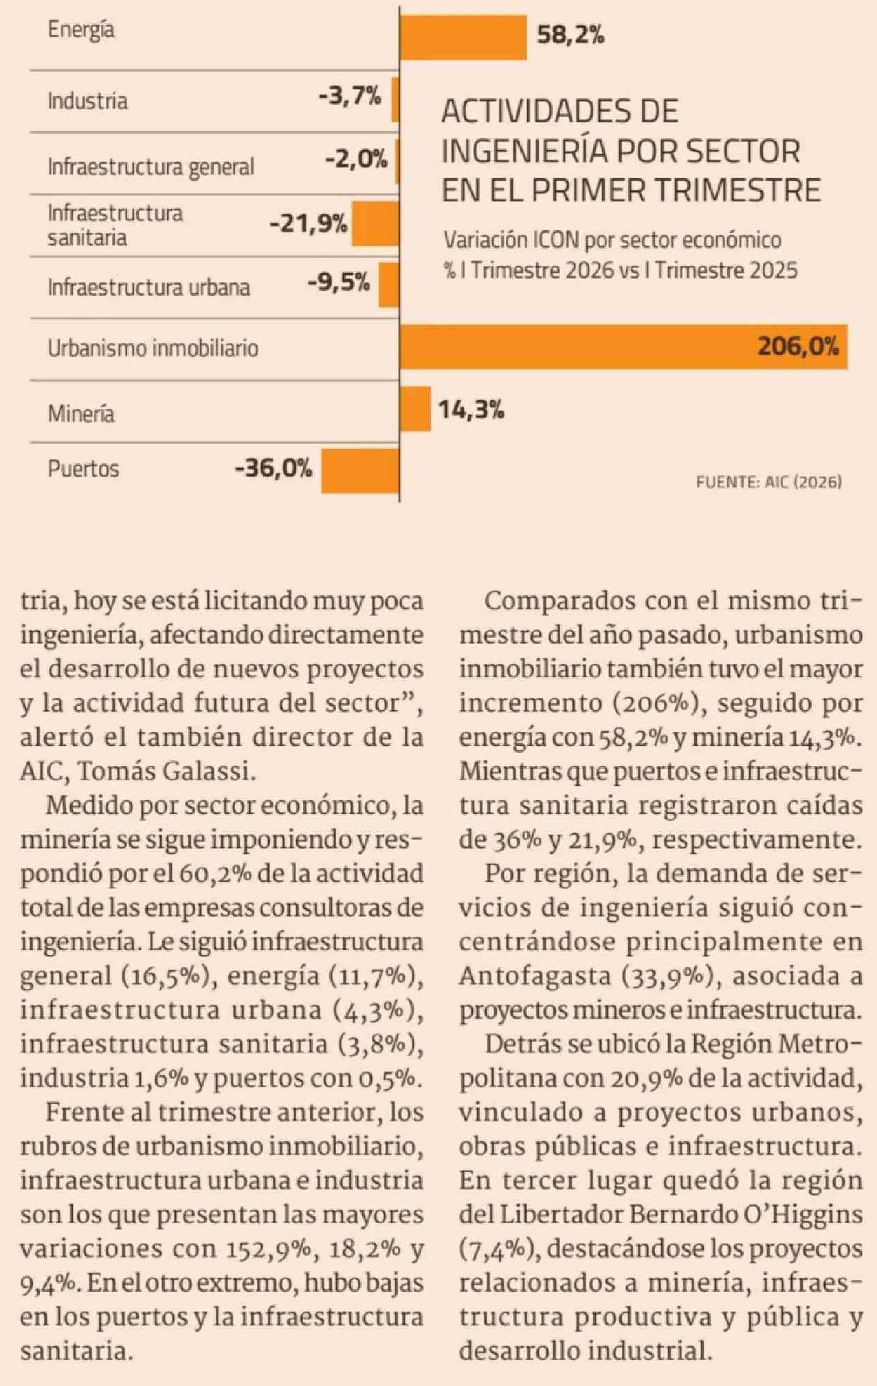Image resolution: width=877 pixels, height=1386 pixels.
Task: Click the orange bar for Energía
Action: pyautogui.click(x=463, y=37)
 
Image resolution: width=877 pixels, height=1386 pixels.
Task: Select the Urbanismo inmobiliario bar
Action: pyautogui.click(x=623, y=346)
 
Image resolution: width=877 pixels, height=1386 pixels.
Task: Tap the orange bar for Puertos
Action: pyautogui.click(x=360, y=470)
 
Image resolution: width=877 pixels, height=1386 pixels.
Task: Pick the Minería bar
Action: pyautogui.click(x=415, y=409)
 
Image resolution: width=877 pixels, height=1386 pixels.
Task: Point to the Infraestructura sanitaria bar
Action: pyautogui.click(x=375, y=223)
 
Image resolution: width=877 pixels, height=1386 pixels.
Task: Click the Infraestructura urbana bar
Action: pyautogui.click(x=388, y=284)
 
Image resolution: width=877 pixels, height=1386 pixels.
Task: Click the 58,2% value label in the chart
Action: pyautogui.click(x=570, y=35)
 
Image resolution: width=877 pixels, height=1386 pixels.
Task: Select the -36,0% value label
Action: pyautogui.click(x=274, y=469)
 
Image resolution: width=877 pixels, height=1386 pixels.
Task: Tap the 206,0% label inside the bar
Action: pyautogui.click(x=798, y=346)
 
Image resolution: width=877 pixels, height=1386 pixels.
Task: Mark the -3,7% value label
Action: pyautogui.click(x=350, y=96)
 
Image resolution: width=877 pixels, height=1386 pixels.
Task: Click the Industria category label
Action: pyautogui.click(x=87, y=101)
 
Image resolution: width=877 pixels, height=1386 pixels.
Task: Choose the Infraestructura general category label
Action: pyautogui.click(x=151, y=166)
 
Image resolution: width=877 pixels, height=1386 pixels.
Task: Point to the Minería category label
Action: pyautogui.click(x=80, y=413)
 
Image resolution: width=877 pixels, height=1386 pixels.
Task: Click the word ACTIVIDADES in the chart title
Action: pyautogui.click(x=560, y=111)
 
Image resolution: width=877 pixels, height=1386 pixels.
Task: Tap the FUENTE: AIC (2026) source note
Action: pyautogui.click(x=769, y=482)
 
